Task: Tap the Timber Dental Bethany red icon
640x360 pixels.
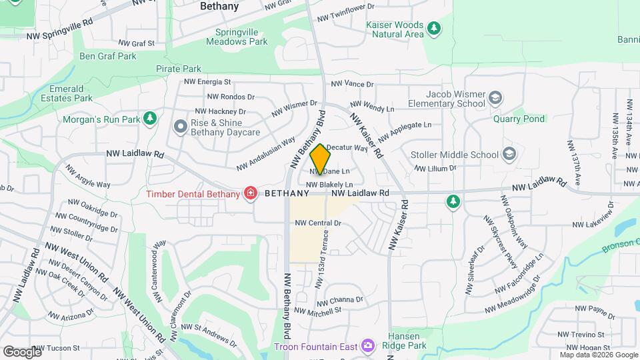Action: point(251,194)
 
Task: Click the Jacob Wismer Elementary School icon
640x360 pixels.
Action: point(495,99)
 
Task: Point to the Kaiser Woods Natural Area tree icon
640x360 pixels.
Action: point(434,28)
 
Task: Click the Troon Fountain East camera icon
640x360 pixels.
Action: point(367,346)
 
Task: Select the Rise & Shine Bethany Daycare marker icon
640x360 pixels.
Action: point(179,126)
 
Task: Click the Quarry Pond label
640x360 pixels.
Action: point(519,119)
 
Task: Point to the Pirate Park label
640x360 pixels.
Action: point(178,69)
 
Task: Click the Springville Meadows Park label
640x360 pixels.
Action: point(241,37)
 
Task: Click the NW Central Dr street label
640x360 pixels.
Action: point(318,223)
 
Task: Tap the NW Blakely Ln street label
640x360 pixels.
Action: point(329,184)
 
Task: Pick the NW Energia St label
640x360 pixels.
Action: point(209,82)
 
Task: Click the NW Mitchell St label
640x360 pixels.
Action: point(317,311)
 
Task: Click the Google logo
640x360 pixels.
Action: point(21,351)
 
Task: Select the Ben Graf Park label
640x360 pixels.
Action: point(108,56)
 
